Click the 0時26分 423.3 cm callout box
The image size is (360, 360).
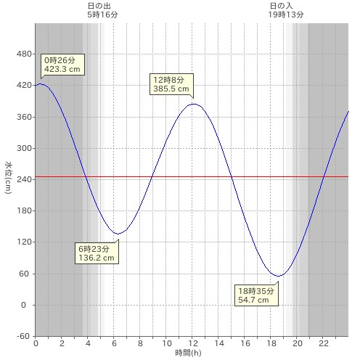(x=62, y=65)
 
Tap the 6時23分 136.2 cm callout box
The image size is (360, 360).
(x=97, y=253)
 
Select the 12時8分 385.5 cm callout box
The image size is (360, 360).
(x=171, y=84)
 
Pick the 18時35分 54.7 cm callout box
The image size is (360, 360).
(x=256, y=295)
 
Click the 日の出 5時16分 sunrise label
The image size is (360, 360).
(x=102, y=10)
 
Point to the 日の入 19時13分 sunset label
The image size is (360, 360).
(x=285, y=10)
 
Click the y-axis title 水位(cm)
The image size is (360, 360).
(x=8, y=178)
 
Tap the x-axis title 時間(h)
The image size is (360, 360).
(x=188, y=353)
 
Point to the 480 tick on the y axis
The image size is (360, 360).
(x=24, y=54)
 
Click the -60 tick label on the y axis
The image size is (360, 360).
(x=23, y=336)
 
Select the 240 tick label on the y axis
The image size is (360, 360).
(x=24, y=179)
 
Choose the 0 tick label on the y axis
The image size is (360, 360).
(x=23, y=305)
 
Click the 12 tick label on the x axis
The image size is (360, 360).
(x=193, y=343)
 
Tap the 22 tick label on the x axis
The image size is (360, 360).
(x=324, y=343)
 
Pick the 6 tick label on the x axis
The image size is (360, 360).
(x=114, y=343)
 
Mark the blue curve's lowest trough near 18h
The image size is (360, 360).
(x=279, y=276)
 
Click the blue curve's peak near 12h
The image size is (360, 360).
(x=194, y=104)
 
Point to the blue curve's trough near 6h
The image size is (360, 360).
(x=118, y=234)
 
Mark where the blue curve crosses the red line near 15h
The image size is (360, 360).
(x=232, y=176)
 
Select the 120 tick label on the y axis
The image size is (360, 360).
(x=24, y=242)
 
